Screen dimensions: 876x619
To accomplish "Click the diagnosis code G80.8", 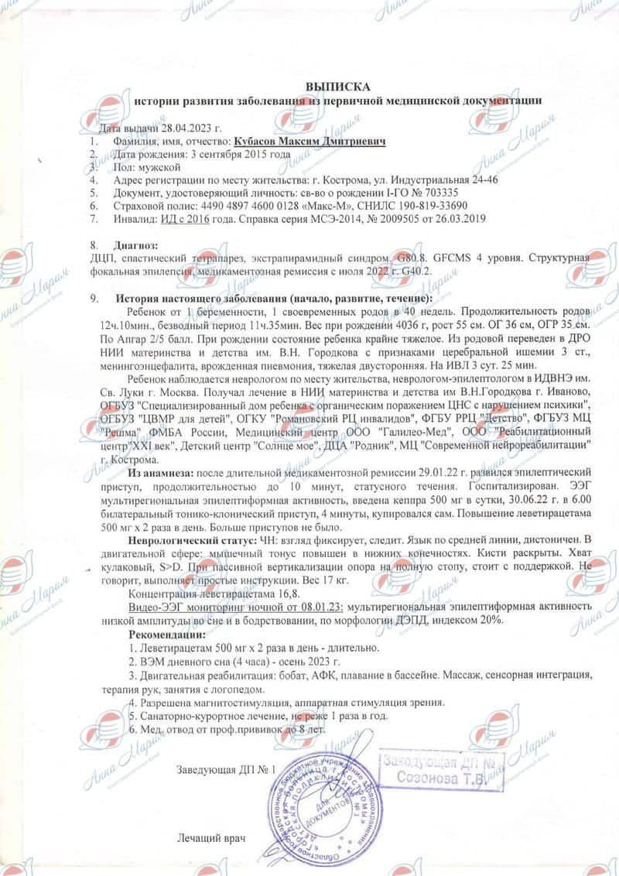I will tap(408, 257).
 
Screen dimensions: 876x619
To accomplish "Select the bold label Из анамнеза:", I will tap(161, 472).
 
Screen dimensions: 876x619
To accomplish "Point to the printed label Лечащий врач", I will tap(205, 838).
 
